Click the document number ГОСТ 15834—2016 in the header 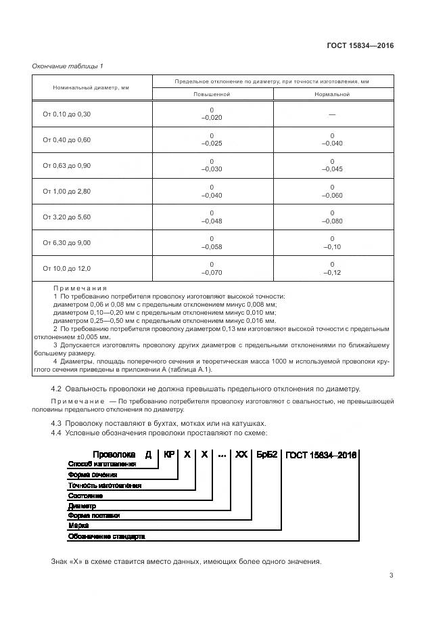(360, 46)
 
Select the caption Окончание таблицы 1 (68, 66)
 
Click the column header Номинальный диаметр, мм (91, 88)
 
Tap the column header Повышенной (212, 94)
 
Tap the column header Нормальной (332, 94)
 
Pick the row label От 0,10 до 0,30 (66, 114)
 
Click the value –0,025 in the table (212, 144)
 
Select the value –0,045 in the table (332, 169)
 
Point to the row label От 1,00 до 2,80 (66, 192)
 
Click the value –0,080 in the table (332, 221)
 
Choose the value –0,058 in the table (212, 246)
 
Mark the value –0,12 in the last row (332, 272)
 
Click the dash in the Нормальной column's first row (332, 114)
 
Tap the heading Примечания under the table (80, 288)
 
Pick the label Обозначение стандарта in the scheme (106, 536)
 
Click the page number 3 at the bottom (391, 575)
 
